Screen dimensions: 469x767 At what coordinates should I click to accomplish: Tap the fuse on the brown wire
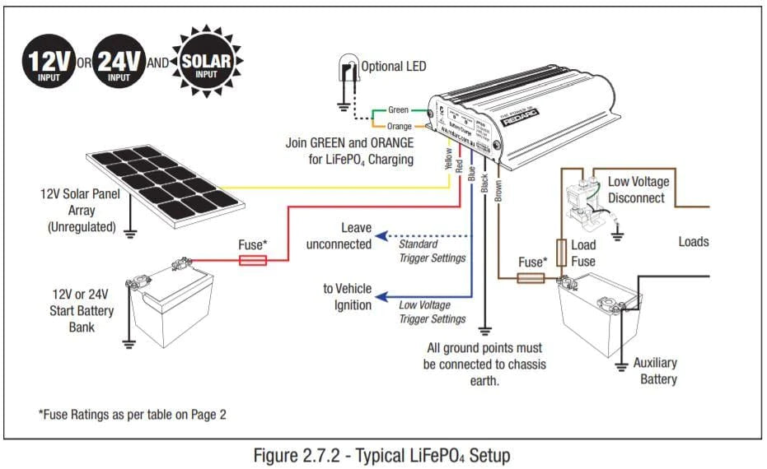pos(530,278)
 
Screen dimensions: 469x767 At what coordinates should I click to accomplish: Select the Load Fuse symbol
pos(562,252)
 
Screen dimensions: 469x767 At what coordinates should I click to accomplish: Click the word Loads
pos(693,242)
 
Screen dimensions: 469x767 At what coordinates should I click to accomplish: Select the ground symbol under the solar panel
pos(129,233)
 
